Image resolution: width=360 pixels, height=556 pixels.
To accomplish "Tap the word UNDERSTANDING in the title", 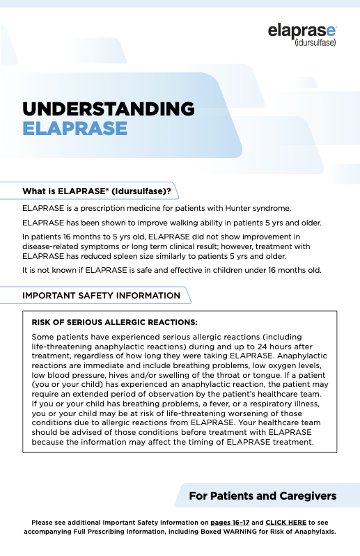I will point(108,109).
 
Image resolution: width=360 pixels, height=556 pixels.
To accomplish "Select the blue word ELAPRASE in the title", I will point(75,129).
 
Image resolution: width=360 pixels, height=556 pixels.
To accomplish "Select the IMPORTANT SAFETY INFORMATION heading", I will point(101,295).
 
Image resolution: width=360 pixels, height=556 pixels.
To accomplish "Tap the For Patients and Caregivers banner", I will point(263,496).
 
